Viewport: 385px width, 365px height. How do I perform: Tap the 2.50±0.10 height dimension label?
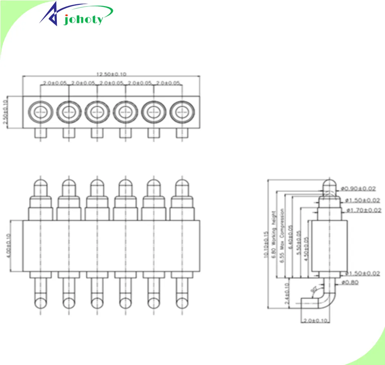coord(5,113)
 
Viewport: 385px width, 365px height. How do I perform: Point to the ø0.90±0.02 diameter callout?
coord(359,188)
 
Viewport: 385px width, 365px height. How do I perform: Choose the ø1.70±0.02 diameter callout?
coord(363,210)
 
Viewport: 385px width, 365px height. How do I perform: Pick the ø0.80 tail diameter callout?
coord(350,283)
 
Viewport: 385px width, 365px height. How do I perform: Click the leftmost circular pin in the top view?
coord(40,112)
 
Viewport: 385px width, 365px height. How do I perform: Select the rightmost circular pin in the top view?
coord(182,112)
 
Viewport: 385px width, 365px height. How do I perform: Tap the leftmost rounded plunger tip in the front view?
coord(40,187)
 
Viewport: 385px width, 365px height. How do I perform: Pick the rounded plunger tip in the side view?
coord(330,187)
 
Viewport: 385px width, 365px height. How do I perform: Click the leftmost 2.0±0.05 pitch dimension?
coord(55,83)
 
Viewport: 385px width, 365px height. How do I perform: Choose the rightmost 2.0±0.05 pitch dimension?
coord(168,83)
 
